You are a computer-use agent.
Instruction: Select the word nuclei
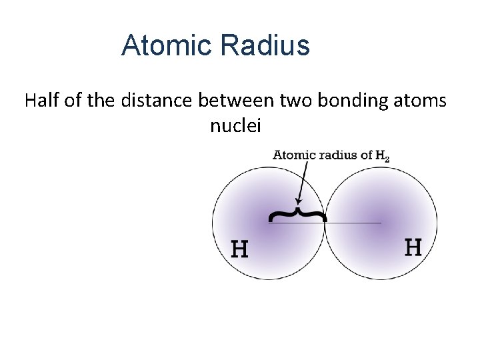click(235, 125)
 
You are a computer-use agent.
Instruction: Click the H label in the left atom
click(239, 249)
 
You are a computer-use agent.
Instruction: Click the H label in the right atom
click(413, 247)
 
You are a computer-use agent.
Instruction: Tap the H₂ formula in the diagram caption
click(382, 157)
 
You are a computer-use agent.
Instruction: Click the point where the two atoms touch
click(325, 223)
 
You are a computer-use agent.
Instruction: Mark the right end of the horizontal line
click(381, 223)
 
